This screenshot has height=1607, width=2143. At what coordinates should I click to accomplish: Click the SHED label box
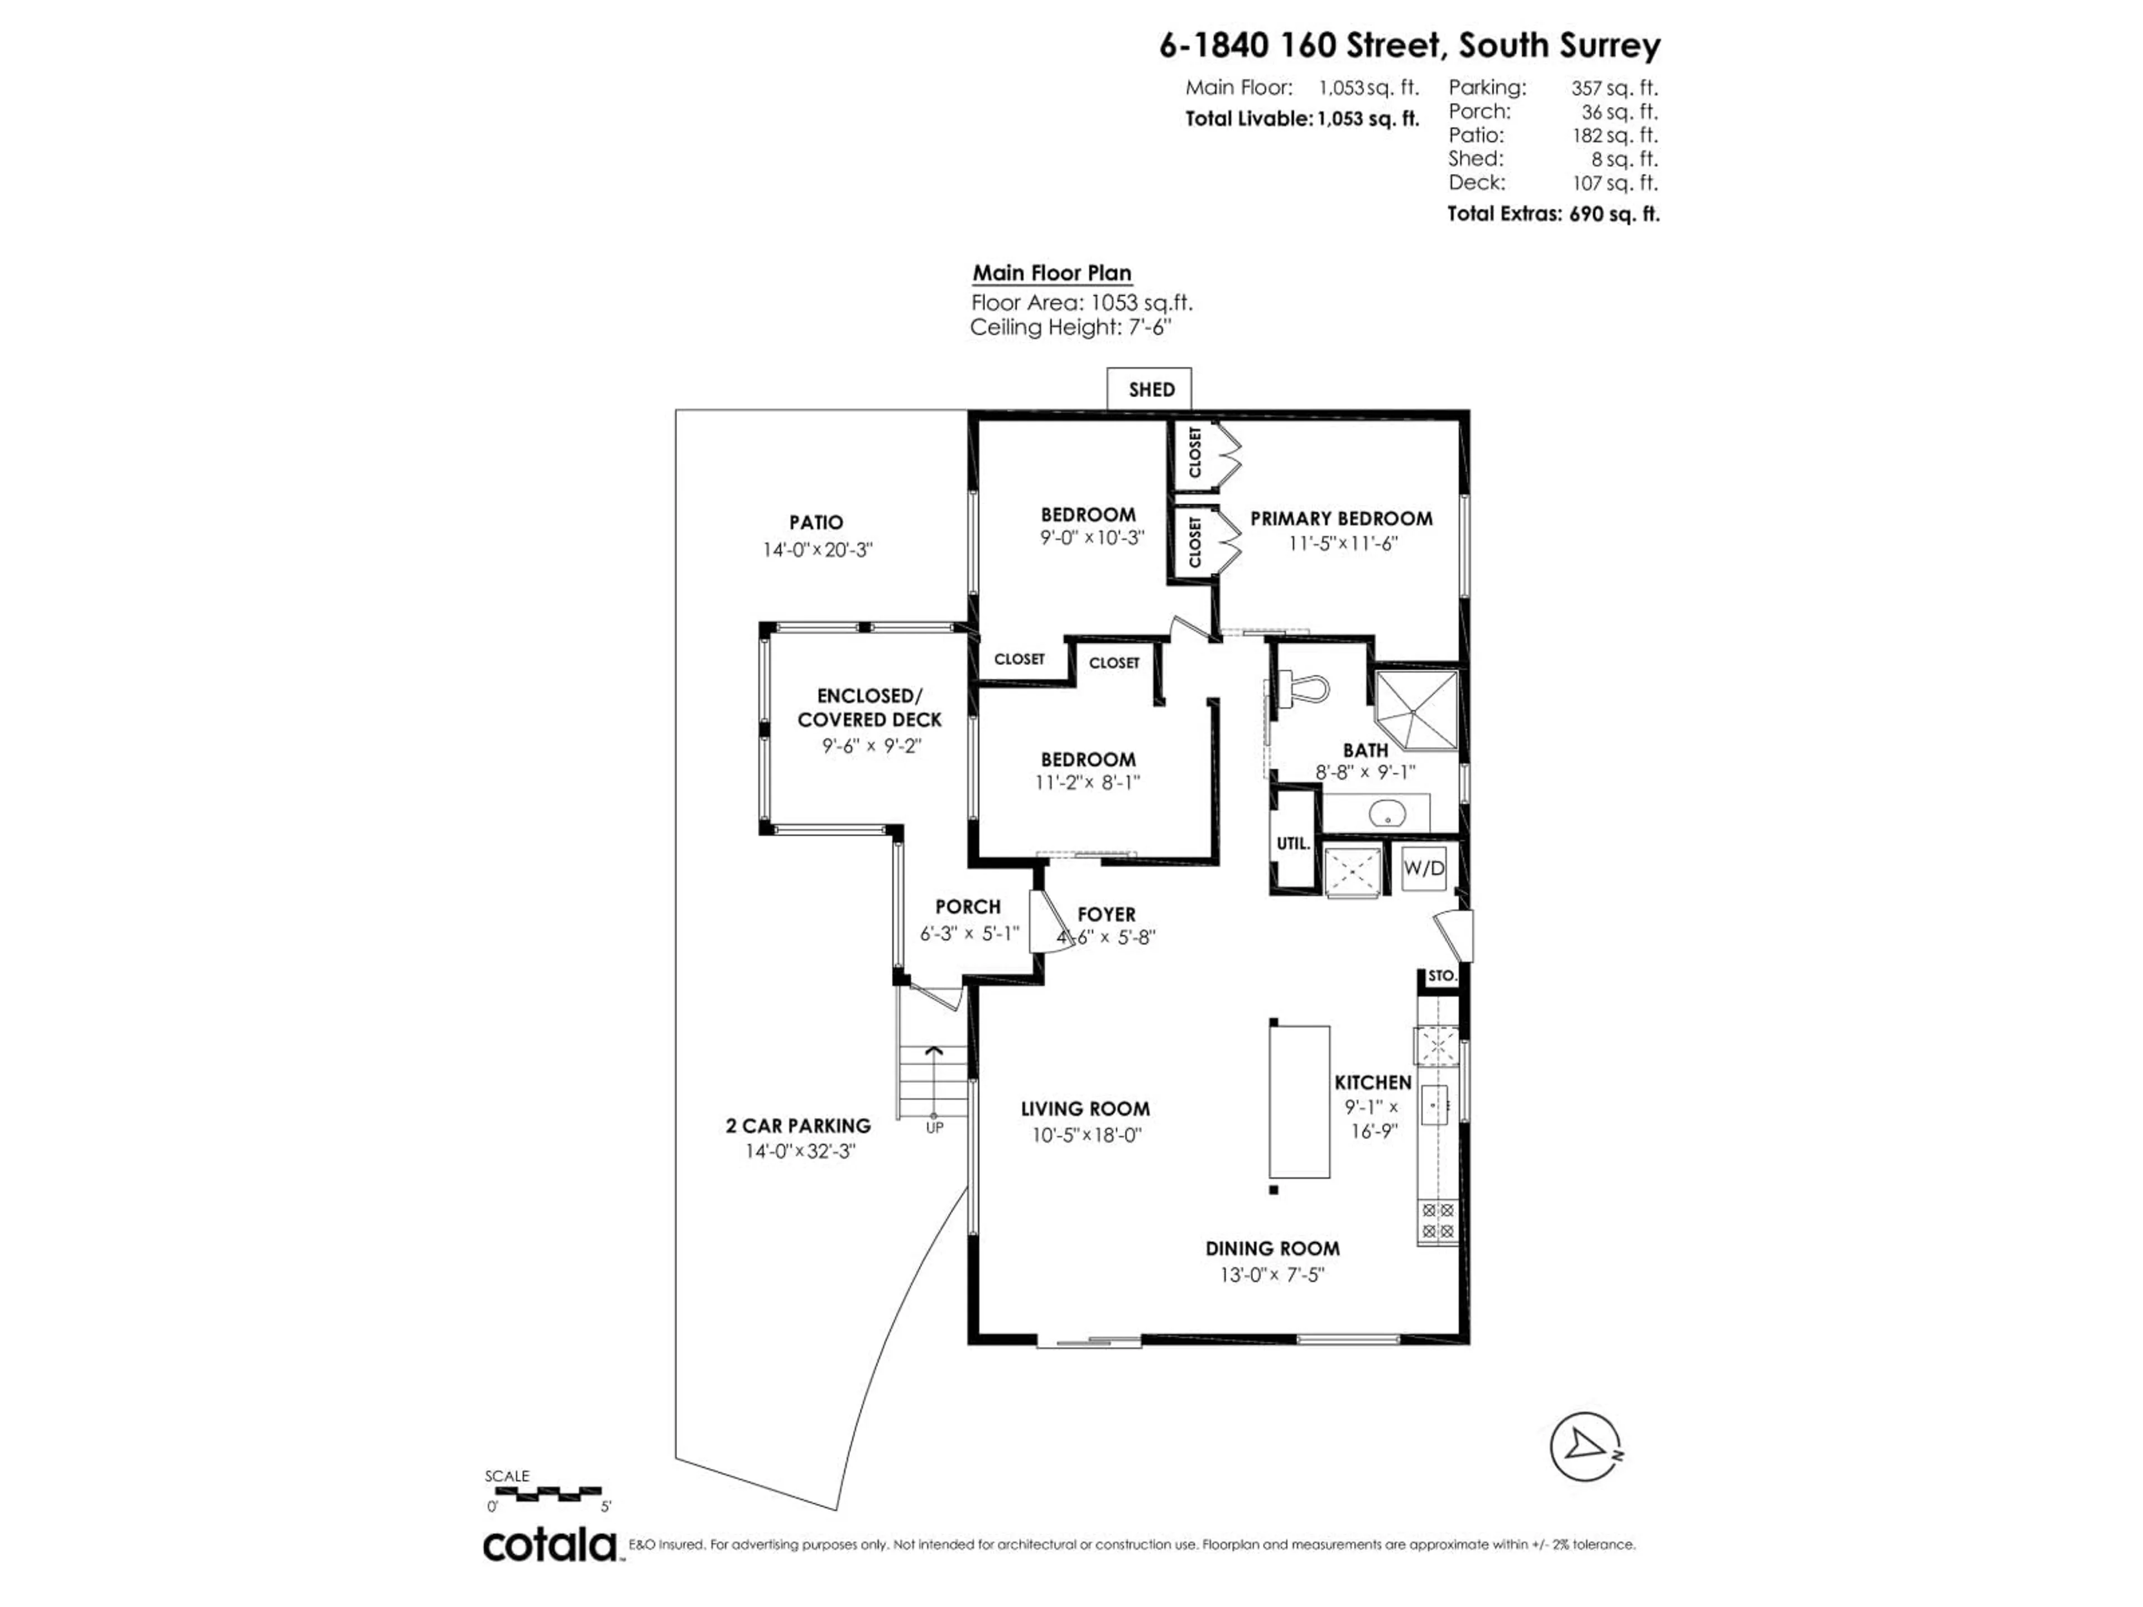pyautogui.click(x=1150, y=389)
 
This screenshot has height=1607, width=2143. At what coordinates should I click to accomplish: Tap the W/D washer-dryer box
pyautogui.click(x=1423, y=868)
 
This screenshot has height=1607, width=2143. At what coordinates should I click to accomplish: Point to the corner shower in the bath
pyautogui.click(x=1416, y=710)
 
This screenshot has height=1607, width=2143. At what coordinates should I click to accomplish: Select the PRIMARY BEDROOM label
pyautogui.click(x=1341, y=518)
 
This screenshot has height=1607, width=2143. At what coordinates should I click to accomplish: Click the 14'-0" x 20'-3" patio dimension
pyautogui.click(x=816, y=549)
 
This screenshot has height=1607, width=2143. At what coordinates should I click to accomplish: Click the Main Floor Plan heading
pyautogui.click(x=1052, y=273)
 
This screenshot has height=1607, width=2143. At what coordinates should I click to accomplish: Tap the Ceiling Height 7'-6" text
pyautogui.click(x=1070, y=328)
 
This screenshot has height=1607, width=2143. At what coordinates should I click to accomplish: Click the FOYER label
pyautogui.click(x=1106, y=913)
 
